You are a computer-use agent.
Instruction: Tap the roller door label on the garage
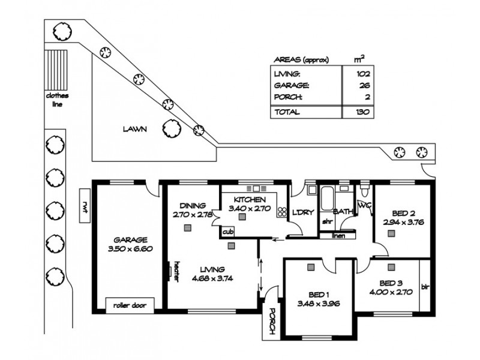[x=130, y=304]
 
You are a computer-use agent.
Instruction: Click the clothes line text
[x=58, y=99]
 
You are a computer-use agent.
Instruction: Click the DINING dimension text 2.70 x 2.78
[x=193, y=214]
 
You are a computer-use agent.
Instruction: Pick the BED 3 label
[x=392, y=283]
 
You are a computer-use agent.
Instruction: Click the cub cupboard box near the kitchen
[x=227, y=231]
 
